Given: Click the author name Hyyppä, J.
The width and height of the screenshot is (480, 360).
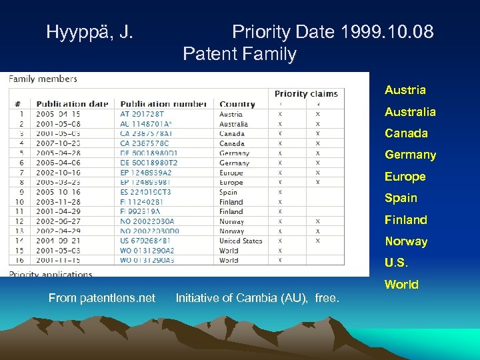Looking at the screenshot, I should tap(89, 31).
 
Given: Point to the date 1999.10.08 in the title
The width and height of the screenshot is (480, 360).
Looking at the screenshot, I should tap(387, 31).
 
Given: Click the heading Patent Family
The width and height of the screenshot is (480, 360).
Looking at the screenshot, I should tap(239, 53).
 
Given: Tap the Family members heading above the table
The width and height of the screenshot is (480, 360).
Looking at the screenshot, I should tap(43, 79).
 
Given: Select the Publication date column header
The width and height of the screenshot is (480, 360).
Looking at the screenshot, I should tap(72, 103).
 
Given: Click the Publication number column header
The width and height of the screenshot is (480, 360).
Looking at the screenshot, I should tap(163, 103).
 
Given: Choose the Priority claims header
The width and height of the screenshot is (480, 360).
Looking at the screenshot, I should tap(306, 93).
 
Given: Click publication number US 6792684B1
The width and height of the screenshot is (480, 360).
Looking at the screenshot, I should tap(145, 241).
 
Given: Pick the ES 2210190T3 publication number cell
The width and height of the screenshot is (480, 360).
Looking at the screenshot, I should tap(145, 192).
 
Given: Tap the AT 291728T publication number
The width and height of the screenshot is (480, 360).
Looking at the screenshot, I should tap(140, 114).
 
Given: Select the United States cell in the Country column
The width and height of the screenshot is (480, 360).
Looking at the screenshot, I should tap(241, 241).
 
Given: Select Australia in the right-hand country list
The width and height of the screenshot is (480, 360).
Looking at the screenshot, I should tap(410, 111).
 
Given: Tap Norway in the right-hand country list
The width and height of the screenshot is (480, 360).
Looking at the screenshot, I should tap(406, 241).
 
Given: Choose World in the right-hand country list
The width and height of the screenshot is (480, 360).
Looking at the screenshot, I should tap(401, 285).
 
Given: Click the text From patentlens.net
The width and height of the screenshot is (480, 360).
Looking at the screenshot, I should tap(102, 298).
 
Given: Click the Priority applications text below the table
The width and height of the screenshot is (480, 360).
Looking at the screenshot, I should tap(51, 273).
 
